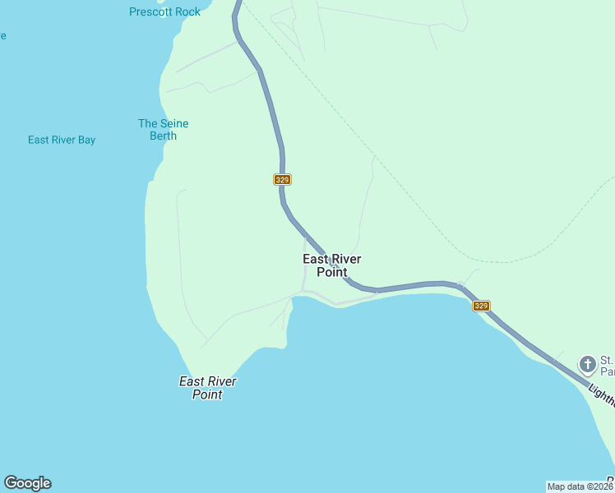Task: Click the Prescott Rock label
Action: point(164,12)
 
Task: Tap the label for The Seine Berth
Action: point(163,130)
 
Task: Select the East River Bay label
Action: point(62,140)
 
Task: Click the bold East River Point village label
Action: point(332,265)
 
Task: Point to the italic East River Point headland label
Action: point(208,388)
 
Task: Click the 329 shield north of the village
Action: point(282,179)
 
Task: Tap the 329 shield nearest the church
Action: point(482,306)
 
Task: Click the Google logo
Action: point(27,483)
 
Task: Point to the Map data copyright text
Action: point(580,486)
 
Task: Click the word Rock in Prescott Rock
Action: point(187,12)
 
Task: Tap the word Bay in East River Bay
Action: point(86,140)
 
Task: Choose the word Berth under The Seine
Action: point(163,136)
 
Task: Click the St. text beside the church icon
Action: point(607,360)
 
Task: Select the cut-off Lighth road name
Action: point(601,394)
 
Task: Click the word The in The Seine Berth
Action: point(147,123)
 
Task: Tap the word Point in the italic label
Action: point(207,394)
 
